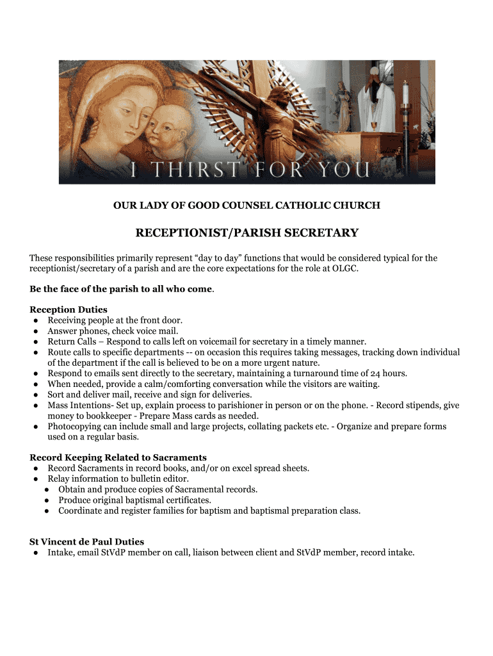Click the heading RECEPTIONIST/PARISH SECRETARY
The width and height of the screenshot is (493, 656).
pos(247,233)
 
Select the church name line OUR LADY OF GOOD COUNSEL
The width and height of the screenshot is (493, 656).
pos(247,206)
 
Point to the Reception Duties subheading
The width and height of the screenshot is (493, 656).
pos(69,310)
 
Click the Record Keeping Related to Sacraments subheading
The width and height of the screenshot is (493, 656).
pos(118,457)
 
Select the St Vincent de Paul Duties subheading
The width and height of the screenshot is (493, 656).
pos(86,542)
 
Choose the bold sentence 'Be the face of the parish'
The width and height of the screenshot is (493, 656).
pos(120,289)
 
